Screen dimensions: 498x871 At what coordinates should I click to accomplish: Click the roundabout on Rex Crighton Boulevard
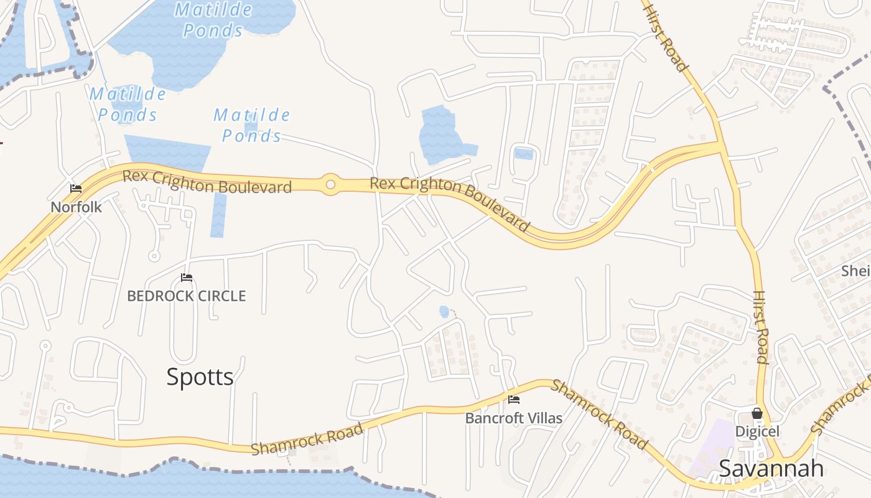[x=330, y=184]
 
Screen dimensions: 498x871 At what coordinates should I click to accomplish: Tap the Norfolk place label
[x=76, y=207]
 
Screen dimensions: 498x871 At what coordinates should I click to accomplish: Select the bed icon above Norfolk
[x=76, y=189]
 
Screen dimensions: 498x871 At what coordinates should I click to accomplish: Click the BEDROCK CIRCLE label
[x=187, y=296]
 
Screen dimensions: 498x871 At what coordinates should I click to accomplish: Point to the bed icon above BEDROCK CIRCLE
[x=186, y=278]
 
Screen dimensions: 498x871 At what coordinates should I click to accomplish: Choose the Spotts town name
[x=200, y=377]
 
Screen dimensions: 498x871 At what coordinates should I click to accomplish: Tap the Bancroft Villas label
[x=514, y=418]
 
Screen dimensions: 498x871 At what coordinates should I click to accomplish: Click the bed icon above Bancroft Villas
[x=514, y=399]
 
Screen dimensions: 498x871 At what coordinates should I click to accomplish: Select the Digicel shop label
[x=757, y=431]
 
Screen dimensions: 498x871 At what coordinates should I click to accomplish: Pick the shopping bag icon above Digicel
[x=757, y=413]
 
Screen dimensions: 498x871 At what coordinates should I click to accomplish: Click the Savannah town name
[x=771, y=468]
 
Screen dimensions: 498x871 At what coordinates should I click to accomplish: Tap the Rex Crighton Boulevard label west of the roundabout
[x=207, y=181]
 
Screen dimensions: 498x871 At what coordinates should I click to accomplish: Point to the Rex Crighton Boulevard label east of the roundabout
[x=450, y=203]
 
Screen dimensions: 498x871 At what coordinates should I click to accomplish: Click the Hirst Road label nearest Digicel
[x=760, y=327]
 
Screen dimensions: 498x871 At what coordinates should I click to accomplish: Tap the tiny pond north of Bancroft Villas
[x=444, y=311]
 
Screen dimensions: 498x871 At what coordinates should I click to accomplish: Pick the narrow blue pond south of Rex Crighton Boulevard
[x=218, y=215]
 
